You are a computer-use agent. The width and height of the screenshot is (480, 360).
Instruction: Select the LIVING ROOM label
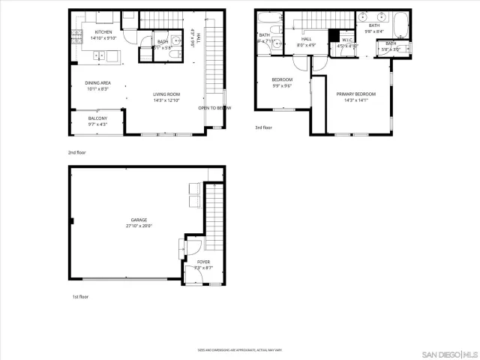click(166, 94)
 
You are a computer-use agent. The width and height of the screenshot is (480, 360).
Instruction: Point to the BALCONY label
click(97, 118)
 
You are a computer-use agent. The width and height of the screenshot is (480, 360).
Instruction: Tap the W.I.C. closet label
click(347, 40)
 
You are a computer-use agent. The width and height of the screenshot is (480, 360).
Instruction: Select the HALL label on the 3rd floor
click(306, 39)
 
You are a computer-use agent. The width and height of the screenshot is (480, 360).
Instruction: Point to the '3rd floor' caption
click(264, 127)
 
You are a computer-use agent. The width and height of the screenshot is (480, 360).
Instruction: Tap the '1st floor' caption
click(81, 297)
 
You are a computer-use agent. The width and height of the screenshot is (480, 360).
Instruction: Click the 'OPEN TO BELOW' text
click(214, 108)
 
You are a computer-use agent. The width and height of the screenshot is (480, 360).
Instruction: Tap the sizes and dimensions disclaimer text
click(239, 349)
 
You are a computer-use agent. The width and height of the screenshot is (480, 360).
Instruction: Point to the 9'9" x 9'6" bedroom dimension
click(281, 85)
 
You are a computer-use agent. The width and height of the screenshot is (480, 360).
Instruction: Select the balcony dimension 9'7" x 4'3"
click(97, 124)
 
